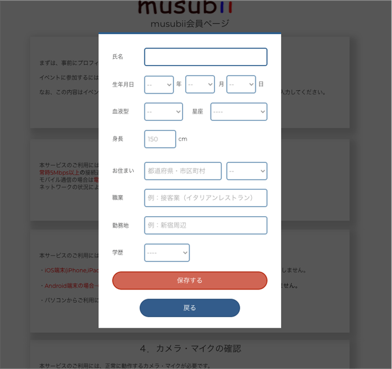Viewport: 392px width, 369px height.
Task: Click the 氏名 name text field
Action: click(x=206, y=57)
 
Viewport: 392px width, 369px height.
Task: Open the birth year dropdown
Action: click(x=159, y=85)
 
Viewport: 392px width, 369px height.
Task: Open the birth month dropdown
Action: click(x=200, y=85)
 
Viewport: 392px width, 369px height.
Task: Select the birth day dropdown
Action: click(x=241, y=85)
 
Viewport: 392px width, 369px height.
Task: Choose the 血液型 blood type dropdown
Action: click(x=164, y=111)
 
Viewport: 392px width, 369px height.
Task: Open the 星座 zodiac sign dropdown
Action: click(x=239, y=111)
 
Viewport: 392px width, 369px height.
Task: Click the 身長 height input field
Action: click(x=160, y=139)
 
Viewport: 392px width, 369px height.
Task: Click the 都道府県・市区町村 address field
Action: click(x=183, y=171)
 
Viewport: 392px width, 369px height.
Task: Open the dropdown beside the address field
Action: click(x=246, y=171)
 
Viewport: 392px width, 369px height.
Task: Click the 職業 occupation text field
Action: click(x=206, y=198)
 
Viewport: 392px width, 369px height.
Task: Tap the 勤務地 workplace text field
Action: click(x=206, y=225)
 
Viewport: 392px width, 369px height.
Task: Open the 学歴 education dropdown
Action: click(x=167, y=253)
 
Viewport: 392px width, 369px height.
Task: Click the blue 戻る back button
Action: click(x=190, y=308)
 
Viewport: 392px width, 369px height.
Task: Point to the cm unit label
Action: click(x=183, y=139)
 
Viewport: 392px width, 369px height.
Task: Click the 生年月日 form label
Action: click(x=123, y=85)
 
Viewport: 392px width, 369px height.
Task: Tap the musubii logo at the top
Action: click(x=185, y=7)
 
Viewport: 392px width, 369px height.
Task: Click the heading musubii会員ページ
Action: click(x=190, y=24)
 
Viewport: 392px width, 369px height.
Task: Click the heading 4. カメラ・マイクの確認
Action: click(x=190, y=348)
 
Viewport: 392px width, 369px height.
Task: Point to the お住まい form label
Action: click(x=123, y=171)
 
